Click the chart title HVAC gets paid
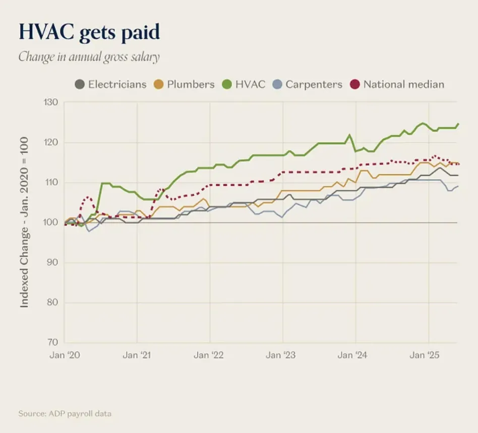(x=89, y=32)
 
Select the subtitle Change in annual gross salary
(x=89, y=56)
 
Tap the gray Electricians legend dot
(x=80, y=84)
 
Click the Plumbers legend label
(x=191, y=84)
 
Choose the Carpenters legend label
(x=314, y=84)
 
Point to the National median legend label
(x=403, y=84)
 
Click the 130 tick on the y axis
(x=52, y=103)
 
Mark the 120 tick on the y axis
(x=52, y=142)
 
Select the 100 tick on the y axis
(x=52, y=223)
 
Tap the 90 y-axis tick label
(x=53, y=262)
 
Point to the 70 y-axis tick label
(x=53, y=342)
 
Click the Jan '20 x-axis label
(x=65, y=355)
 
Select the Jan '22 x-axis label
(x=209, y=355)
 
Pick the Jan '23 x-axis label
(x=281, y=355)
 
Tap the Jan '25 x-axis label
(x=425, y=355)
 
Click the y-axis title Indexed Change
(x=24, y=223)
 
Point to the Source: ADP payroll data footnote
(x=65, y=414)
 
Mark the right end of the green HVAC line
(x=458, y=124)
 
